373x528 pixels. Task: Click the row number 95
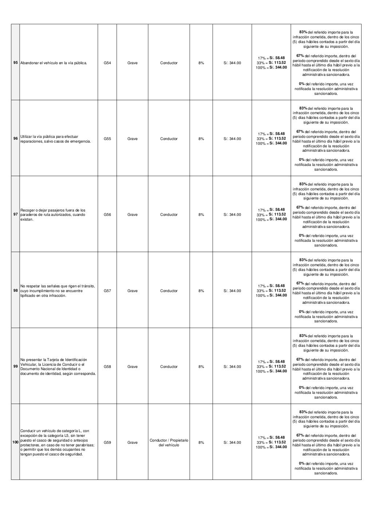(x=15, y=63)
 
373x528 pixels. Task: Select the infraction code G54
(x=107, y=63)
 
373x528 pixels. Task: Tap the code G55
(x=107, y=139)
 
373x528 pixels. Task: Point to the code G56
(x=107, y=215)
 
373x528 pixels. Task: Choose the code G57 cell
(x=107, y=291)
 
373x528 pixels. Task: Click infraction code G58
(x=107, y=367)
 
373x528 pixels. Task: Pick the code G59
(x=107, y=443)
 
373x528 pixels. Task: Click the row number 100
(x=15, y=443)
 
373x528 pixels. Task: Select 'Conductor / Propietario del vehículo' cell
(x=169, y=443)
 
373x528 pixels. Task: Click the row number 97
(x=15, y=215)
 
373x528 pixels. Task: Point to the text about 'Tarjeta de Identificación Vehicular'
(x=58, y=367)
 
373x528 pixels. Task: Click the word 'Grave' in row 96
(x=132, y=139)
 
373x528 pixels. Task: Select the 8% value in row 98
(x=201, y=291)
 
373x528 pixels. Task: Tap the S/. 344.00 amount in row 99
(x=232, y=367)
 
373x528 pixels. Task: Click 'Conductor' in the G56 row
(x=169, y=215)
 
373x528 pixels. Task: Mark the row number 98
(x=15, y=291)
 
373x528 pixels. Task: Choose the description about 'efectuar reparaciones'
(x=55, y=139)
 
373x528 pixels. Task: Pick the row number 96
(x=15, y=139)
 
